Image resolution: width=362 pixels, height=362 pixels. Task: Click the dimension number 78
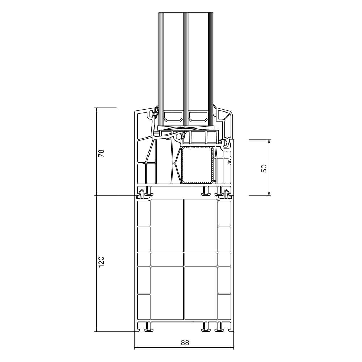[x=101, y=153]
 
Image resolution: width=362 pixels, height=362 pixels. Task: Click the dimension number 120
[x=101, y=262]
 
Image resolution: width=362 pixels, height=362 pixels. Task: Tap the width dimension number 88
[x=185, y=342]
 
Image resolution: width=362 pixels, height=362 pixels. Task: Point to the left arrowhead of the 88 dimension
[x=136, y=347]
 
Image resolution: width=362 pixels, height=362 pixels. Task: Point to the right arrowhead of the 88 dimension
[x=232, y=347]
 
